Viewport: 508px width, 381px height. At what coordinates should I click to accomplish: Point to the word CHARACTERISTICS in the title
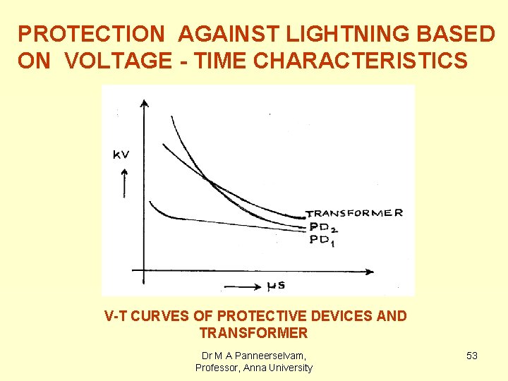(360, 61)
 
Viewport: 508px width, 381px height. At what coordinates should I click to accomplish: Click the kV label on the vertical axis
(121, 154)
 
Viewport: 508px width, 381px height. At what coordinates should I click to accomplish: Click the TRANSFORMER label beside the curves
(354, 213)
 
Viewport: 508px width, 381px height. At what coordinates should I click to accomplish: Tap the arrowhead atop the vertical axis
(144, 104)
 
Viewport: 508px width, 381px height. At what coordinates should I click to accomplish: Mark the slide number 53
(472, 356)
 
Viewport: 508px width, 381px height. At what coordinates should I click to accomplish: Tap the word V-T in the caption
(116, 316)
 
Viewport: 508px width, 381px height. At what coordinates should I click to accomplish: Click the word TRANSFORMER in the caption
(254, 333)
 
